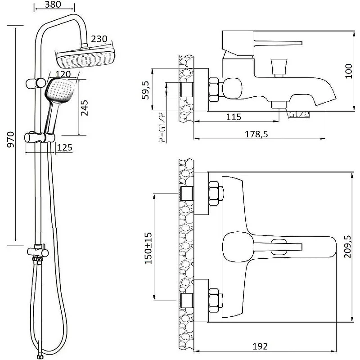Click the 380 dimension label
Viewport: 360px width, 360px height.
click(x=53, y=4)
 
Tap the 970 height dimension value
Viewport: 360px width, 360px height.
click(x=11, y=139)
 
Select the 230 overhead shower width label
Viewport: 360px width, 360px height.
click(x=99, y=39)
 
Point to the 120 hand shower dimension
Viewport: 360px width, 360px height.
click(x=63, y=74)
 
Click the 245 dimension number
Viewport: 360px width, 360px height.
click(x=84, y=108)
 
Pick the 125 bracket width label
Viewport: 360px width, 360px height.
click(x=64, y=148)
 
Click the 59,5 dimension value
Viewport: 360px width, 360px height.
click(x=145, y=90)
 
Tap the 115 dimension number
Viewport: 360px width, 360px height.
click(x=234, y=117)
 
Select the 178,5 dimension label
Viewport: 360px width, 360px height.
click(x=256, y=134)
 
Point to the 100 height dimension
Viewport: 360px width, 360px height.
click(x=348, y=71)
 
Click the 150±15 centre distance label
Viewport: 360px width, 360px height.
click(x=148, y=248)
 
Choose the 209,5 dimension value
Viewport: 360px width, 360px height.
click(x=348, y=247)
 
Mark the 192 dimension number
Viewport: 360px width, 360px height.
click(x=260, y=346)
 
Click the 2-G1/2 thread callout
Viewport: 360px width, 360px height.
click(x=162, y=127)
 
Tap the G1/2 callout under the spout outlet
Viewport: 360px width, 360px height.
click(x=299, y=114)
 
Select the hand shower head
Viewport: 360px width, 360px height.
click(x=60, y=90)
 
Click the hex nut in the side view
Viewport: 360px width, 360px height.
click(x=214, y=90)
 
